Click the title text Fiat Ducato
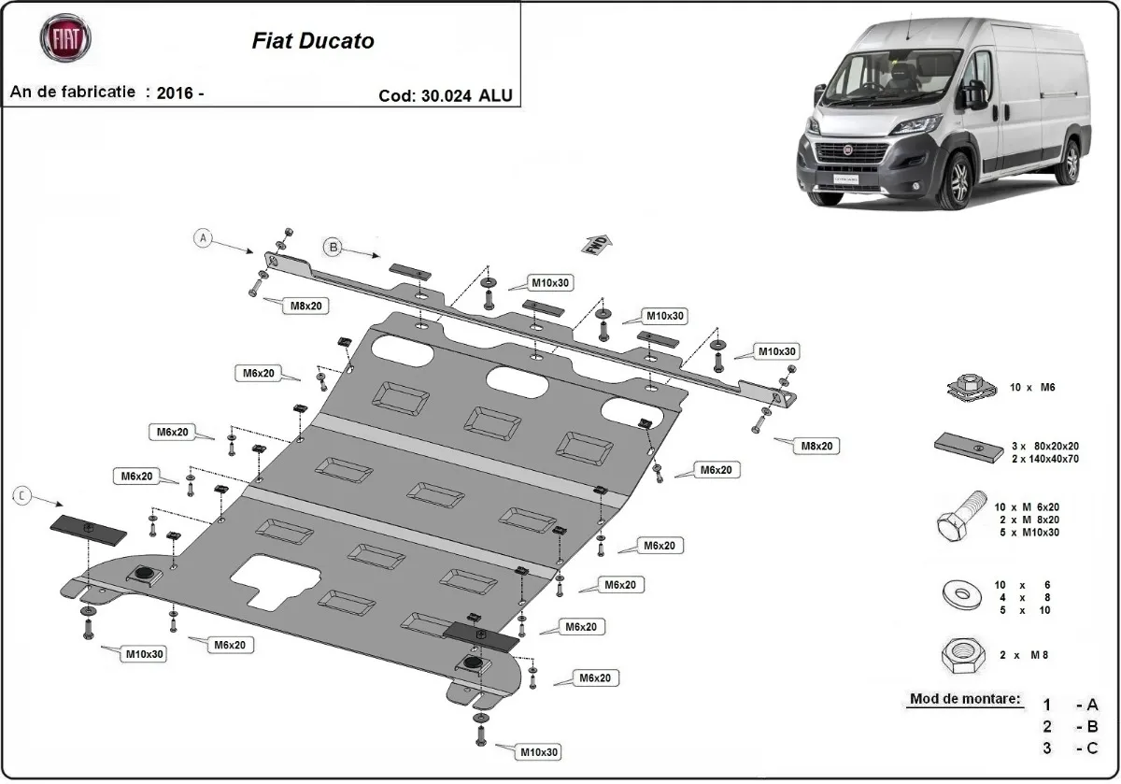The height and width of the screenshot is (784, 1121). click(x=313, y=41)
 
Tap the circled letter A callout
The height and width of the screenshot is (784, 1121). click(x=203, y=238)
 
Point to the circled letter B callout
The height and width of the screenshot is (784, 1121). click(x=333, y=247)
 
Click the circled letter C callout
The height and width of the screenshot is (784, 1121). click(x=21, y=496)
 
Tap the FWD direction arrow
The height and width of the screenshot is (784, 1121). click(x=598, y=244)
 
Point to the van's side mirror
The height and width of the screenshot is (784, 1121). click(x=977, y=93)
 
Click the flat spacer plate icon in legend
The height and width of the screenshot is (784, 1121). click(x=963, y=446)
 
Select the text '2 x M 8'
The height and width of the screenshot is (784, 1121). click(x=1024, y=656)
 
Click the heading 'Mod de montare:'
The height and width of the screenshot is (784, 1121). click(x=965, y=699)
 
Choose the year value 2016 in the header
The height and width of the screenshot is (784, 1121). click(x=175, y=93)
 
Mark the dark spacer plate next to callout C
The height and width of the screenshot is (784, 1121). click(x=87, y=529)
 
